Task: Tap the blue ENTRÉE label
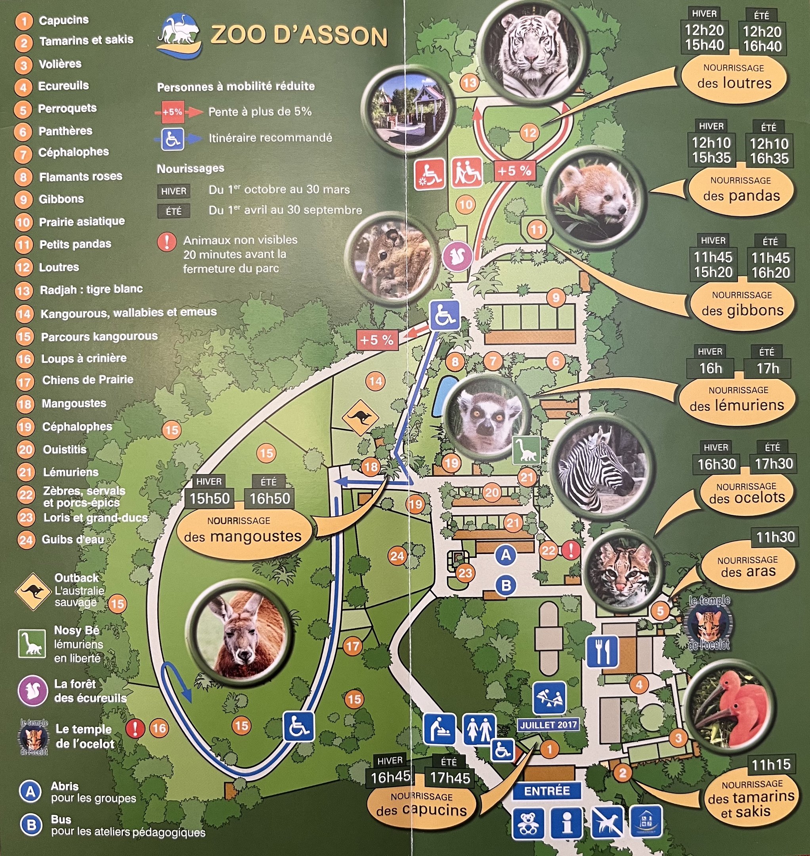tap(546, 791)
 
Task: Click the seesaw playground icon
tap(549, 697)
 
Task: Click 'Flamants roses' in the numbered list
tap(80, 177)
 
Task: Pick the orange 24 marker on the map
tap(397, 556)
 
